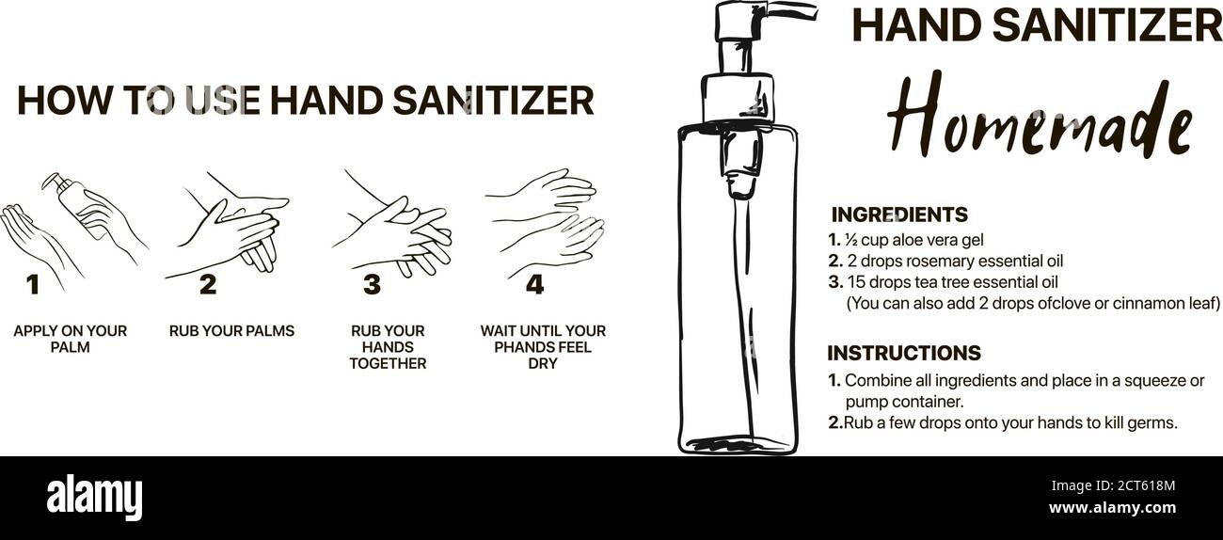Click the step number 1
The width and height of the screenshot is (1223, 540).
point(33,284)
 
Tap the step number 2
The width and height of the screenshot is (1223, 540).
point(207,284)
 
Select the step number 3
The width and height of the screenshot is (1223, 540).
point(372,284)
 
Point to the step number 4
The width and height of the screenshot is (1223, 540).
point(534,284)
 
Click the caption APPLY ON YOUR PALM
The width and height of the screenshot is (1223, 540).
point(70,339)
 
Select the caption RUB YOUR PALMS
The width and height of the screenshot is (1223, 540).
point(231,331)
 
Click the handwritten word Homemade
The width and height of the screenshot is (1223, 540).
point(1039,118)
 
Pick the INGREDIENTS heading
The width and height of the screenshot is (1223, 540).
point(898,214)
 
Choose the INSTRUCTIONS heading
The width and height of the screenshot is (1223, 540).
point(903,353)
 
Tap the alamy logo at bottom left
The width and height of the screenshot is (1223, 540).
point(94,498)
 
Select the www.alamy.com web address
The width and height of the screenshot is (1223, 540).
point(1112,508)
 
